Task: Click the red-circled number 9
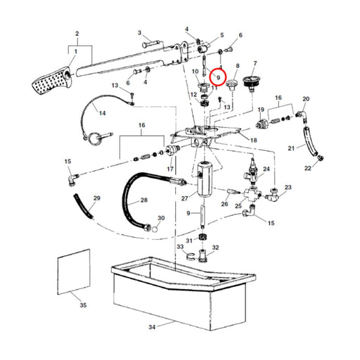tap(218, 76)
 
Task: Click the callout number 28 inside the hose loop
tap(143, 200)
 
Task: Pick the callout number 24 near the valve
tap(265, 170)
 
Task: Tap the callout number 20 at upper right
tap(306, 99)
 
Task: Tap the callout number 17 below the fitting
tap(169, 169)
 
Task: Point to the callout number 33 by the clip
tap(180, 247)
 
